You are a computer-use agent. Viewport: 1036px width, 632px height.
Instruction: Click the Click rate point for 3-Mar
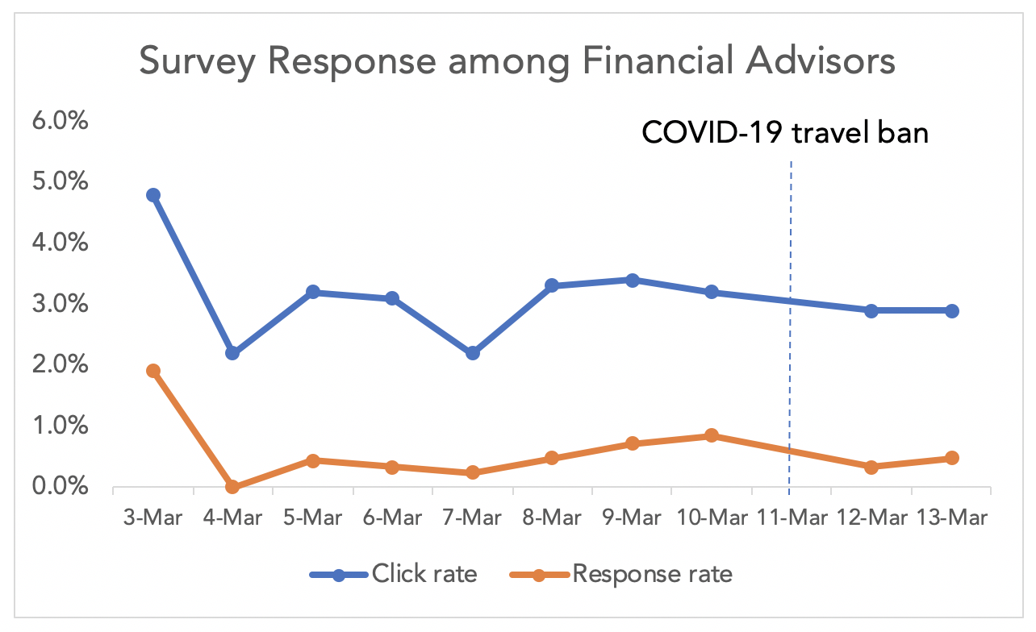(x=153, y=195)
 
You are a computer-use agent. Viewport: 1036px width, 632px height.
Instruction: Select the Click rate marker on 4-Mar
(x=232, y=353)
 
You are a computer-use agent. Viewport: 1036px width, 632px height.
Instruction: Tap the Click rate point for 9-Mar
(x=632, y=281)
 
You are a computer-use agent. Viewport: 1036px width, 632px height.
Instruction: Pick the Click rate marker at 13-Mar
(x=951, y=311)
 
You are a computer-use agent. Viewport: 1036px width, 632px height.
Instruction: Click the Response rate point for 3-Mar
(x=153, y=371)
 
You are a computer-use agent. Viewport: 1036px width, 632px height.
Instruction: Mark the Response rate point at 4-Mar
(x=232, y=487)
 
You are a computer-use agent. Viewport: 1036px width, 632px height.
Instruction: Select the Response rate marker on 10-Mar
(x=712, y=436)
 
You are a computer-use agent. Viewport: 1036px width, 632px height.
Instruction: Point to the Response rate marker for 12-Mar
(x=871, y=467)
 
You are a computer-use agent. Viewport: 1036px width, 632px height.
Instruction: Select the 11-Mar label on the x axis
(x=791, y=518)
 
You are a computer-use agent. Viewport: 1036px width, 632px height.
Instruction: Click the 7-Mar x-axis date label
(x=472, y=518)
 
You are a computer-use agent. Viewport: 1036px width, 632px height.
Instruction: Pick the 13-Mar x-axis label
(x=952, y=518)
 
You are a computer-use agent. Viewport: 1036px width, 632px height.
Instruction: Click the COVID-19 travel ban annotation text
(x=784, y=132)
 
